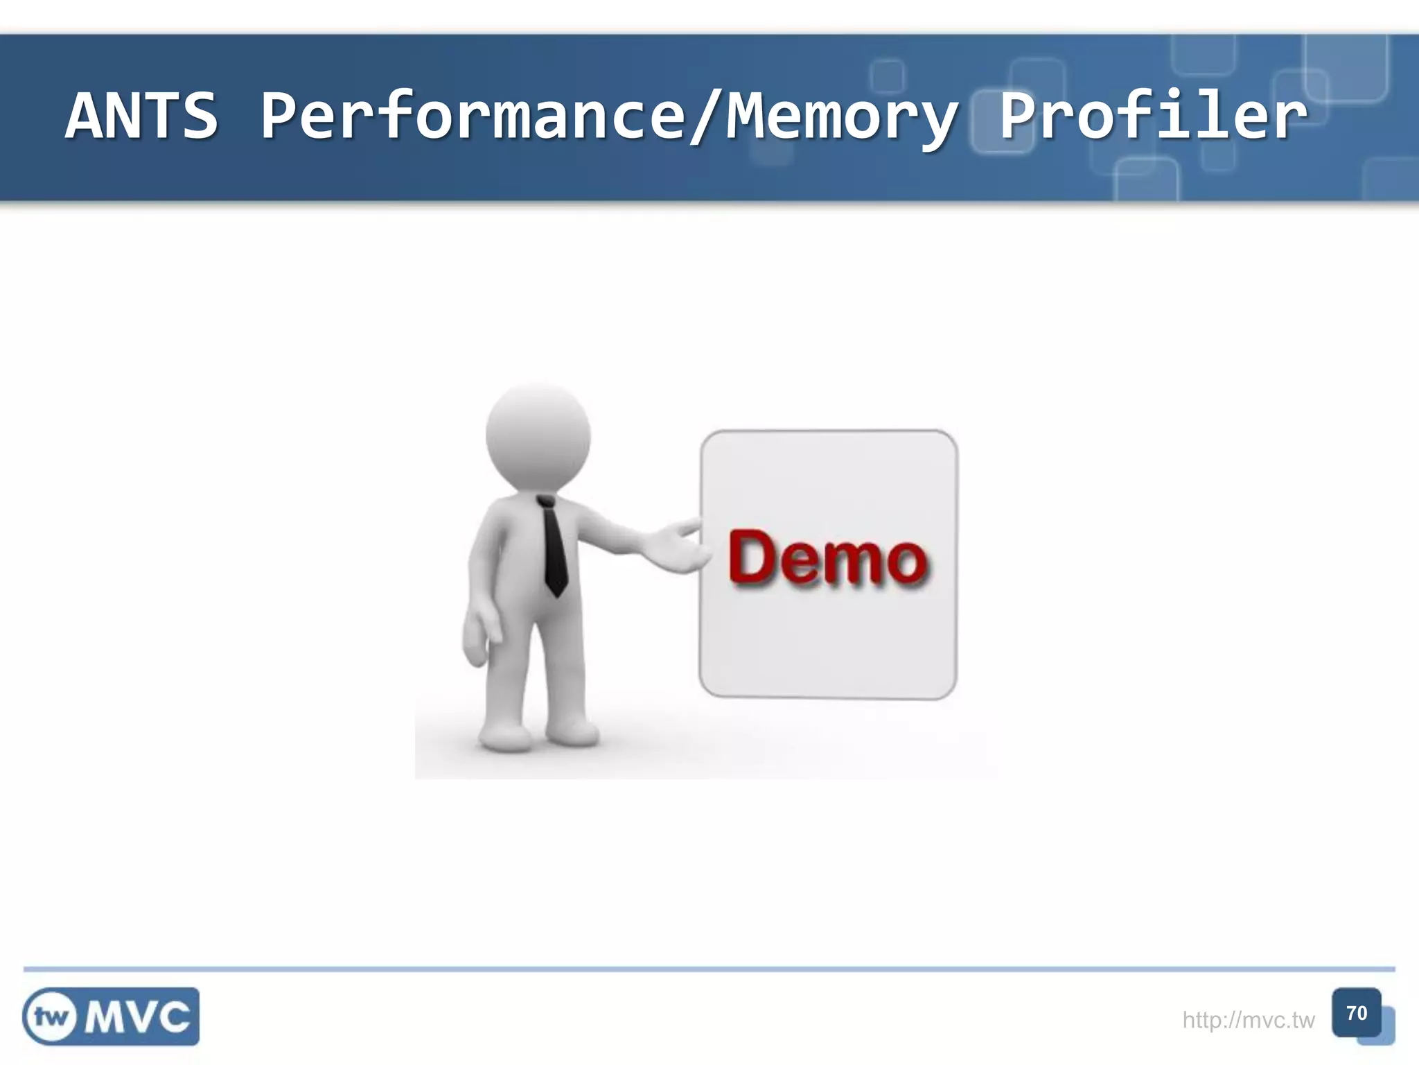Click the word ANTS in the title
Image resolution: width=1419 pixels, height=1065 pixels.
pos(142,116)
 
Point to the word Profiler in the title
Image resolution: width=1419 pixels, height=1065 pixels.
pos(1153,116)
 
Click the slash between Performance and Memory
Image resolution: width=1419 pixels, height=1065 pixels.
pos(706,118)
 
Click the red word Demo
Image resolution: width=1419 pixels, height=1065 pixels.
pos(827,559)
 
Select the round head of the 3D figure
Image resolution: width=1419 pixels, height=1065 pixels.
pos(538,438)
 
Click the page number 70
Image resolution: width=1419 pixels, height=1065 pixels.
pos(1356,1013)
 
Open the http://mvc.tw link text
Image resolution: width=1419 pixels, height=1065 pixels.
pos(1248,1020)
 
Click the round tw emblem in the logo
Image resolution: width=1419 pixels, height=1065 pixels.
pos(51,1017)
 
